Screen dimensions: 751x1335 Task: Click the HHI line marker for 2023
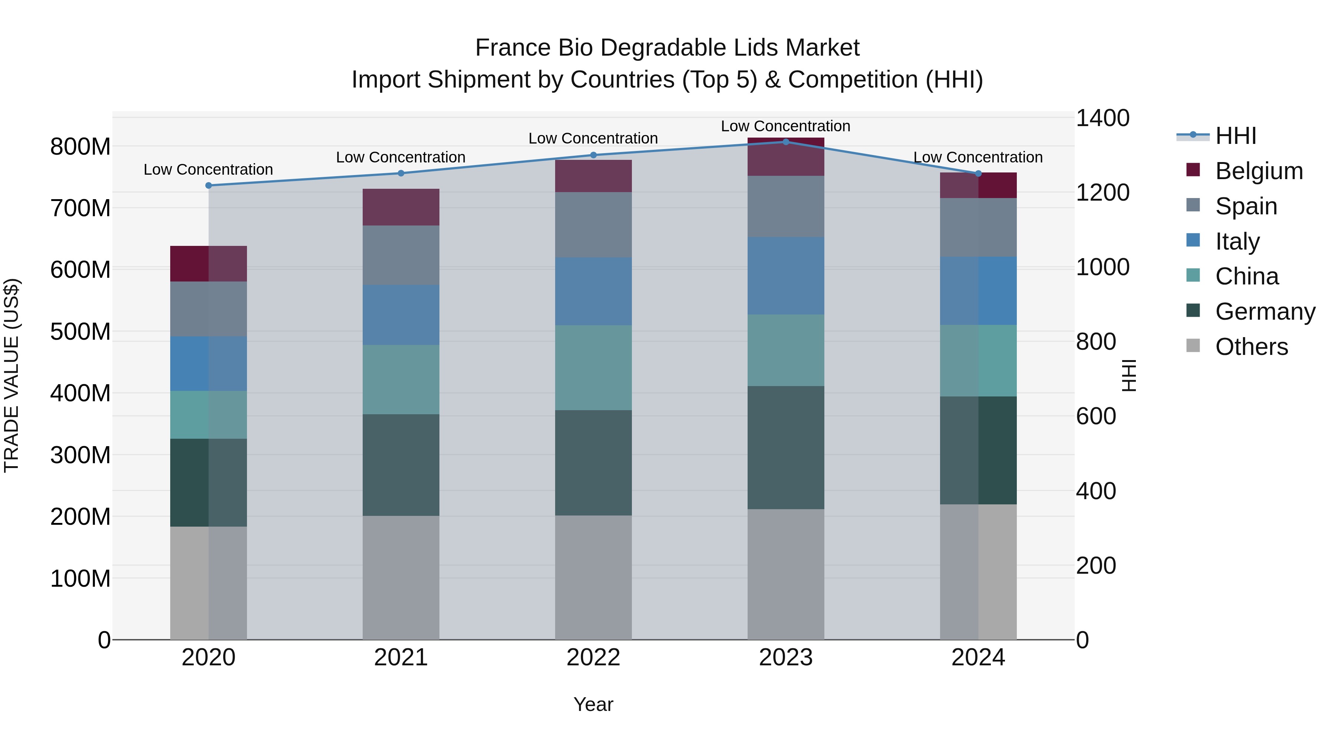tap(786, 142)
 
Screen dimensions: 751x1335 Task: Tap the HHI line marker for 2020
tap(208, 185)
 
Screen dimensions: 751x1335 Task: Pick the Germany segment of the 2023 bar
tap(786, 447)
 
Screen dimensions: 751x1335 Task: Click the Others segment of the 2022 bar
tap(593, 577)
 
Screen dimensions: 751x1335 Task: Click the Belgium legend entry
tap(1259, 171)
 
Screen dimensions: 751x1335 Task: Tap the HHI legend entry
tap(1236, 136)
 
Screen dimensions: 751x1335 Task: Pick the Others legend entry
tap(1251, 347)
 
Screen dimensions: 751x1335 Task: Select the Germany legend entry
tap(1265, 312)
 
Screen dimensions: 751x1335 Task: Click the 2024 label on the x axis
tap(978, 658)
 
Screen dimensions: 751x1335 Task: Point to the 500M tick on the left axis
tap(80, 332)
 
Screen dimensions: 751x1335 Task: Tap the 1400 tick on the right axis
tap(1103, 118)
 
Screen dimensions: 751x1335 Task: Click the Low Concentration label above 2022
tap(593, 138)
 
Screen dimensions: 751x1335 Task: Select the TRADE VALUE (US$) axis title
tap(11, 375)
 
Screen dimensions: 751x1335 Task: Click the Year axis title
tap(593, 704)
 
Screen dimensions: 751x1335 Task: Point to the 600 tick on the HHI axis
tap(1095, 416)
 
